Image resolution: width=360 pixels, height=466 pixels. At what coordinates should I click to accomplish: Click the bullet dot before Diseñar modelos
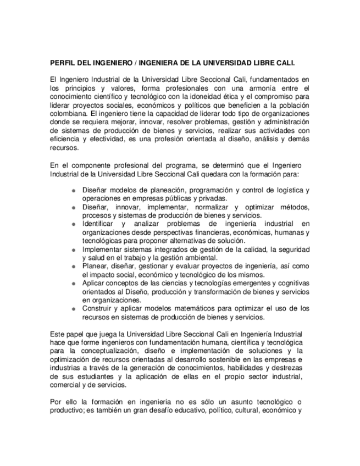[x=74, y=190]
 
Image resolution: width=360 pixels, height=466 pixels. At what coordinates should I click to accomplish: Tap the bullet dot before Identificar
[x=74, y=224]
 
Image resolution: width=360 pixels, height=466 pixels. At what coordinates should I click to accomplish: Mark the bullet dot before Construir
[x=74, y=309]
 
